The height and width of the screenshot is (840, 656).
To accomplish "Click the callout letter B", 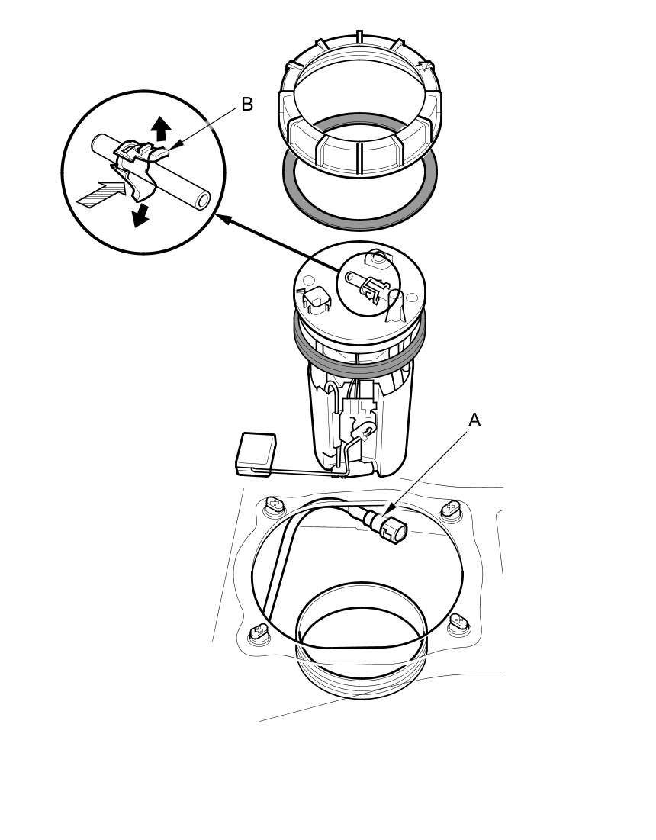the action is click(247, 104).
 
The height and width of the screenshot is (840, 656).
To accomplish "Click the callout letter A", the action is click(474, 421).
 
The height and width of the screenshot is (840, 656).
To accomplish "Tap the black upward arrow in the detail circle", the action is click(160, 129).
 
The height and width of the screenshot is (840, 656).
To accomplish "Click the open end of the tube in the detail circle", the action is click(202, 201).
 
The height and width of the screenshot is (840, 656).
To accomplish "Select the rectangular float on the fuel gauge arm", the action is click(256, 454).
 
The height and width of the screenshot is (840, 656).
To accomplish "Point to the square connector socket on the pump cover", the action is click(316, 299).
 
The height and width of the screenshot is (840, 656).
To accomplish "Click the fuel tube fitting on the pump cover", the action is click(369, 284).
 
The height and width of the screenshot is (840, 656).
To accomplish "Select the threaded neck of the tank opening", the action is click(362, 670).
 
